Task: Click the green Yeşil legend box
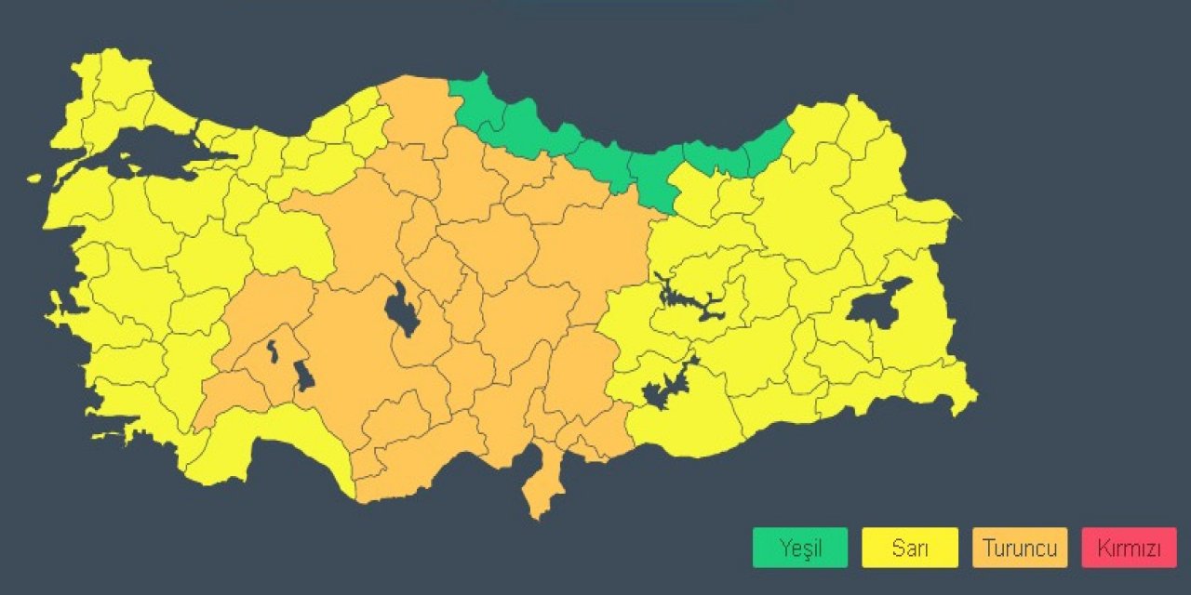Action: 800,548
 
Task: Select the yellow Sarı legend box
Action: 910,548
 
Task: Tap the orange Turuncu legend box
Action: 1020,548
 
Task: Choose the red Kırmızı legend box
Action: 1129,548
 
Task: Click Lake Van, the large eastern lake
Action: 880,302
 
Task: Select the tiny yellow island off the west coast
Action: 34,178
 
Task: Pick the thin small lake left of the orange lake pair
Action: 272,351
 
